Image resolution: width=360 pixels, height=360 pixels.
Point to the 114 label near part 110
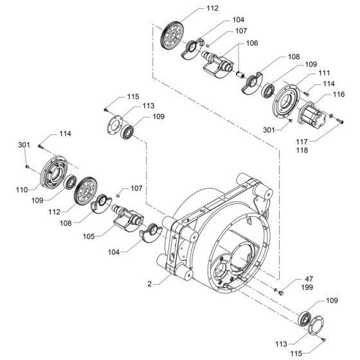(65, 134)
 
